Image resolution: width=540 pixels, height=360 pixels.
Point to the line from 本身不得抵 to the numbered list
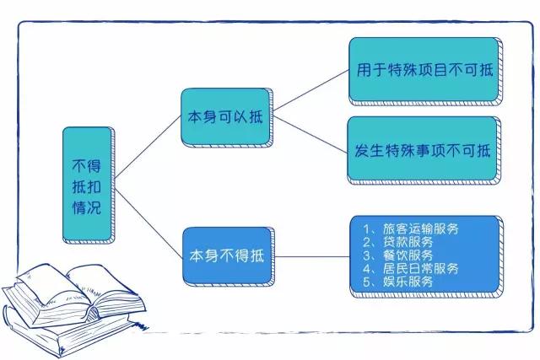pyautogui.click(x=312, y=255)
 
